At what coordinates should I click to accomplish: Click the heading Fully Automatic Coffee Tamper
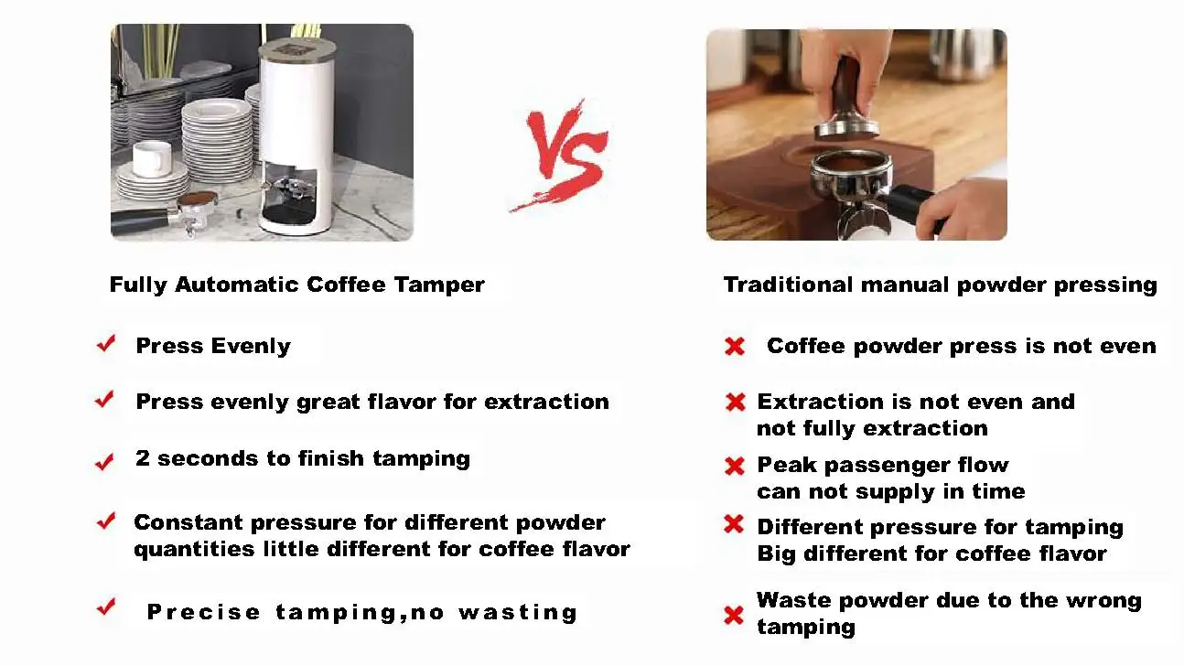click(296, 285)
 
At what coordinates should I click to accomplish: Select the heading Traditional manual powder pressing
click(940, 285)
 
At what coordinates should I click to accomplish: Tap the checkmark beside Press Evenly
click(106, 344)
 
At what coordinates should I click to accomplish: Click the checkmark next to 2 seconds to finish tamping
click(105, 462)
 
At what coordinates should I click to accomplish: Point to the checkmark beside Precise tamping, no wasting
click(106, 607)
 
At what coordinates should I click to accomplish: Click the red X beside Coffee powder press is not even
click(734, 347)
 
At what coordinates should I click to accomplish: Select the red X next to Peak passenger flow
click(734, 467)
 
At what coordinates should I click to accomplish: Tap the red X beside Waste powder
click(734, 615)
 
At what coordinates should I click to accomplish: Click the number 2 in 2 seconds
click(143, 458)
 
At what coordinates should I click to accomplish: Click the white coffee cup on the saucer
click(152, 158)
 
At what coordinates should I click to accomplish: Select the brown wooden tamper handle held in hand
click(850, 87)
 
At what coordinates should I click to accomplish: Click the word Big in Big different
click(775, 554)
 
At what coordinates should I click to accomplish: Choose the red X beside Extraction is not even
click(734, 403)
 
